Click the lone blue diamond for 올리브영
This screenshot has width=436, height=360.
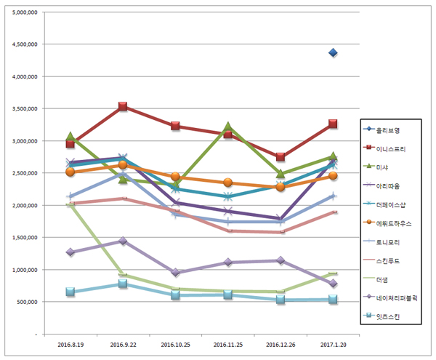pos(333,52)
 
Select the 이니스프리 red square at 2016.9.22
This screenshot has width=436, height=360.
pos(123,107)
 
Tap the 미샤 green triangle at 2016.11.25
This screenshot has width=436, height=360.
pos(227,127)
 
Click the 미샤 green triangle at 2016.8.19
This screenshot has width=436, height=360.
pos(70,137)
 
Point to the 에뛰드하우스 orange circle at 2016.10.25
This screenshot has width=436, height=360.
pos(175,177)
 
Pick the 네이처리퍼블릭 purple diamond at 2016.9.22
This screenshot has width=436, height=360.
pos(123,241)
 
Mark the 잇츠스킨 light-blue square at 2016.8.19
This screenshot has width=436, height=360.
pos(70,292)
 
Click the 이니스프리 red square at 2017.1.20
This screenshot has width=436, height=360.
pos(333,124)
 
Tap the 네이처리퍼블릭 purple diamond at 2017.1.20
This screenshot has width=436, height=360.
pos(333,284)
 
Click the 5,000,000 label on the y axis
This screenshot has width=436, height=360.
pos(25,12)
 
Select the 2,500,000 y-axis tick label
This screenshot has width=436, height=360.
pos(25,173)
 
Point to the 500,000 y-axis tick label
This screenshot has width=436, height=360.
pos(28,302)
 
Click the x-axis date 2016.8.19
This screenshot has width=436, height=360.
pos(70,345)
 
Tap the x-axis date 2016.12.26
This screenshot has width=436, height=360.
pos(280,345)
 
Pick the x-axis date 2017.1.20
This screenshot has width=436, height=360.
pos(333,345)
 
